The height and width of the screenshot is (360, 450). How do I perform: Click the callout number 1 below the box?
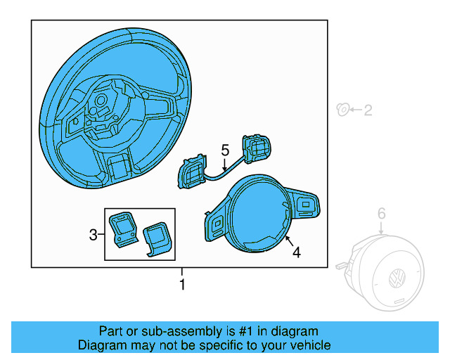click(182, 285)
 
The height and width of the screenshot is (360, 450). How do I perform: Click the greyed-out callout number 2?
click(368, 110)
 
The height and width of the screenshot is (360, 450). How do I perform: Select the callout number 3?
click(94, 235)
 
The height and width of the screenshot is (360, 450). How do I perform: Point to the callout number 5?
click(225, 150)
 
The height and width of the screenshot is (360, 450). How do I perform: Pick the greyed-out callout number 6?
click(381, 213)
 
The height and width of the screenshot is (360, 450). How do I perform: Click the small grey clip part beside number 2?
click(342, 109)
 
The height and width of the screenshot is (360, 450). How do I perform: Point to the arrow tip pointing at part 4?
click(285, 238)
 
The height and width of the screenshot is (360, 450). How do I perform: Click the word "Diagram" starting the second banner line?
click(101, 345)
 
